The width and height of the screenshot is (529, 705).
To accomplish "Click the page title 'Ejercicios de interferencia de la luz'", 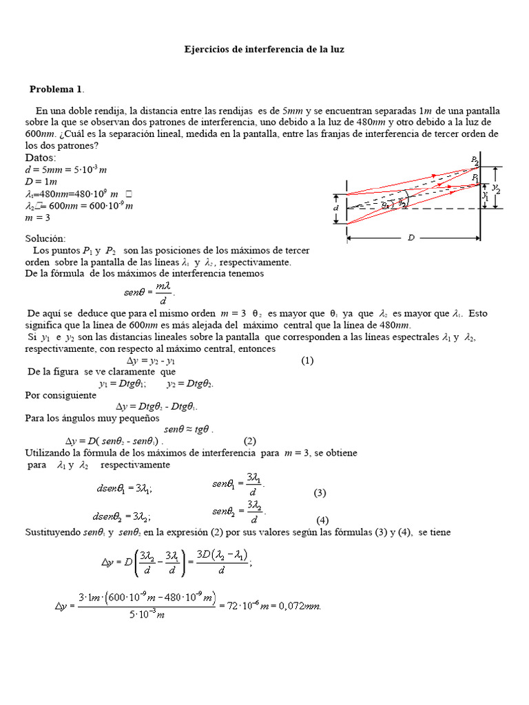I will tap(264, 50).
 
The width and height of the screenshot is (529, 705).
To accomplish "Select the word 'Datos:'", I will tap(41, 158).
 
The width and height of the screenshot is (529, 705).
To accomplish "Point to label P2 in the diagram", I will tap(475, 160).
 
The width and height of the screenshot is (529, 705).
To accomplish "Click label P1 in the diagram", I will tap(475, 178).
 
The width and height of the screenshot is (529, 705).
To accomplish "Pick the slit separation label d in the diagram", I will tap(336, 207).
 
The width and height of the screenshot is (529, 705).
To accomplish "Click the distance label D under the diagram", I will tap(411, 238).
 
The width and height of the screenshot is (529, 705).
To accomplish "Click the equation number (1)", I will tap(307, 360).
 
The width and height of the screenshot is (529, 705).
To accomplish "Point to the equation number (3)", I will tap(320, 493).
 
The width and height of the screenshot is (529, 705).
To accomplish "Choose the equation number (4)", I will tap(323, 520).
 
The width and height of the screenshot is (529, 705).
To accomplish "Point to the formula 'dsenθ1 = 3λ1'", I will tap(125, 489).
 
